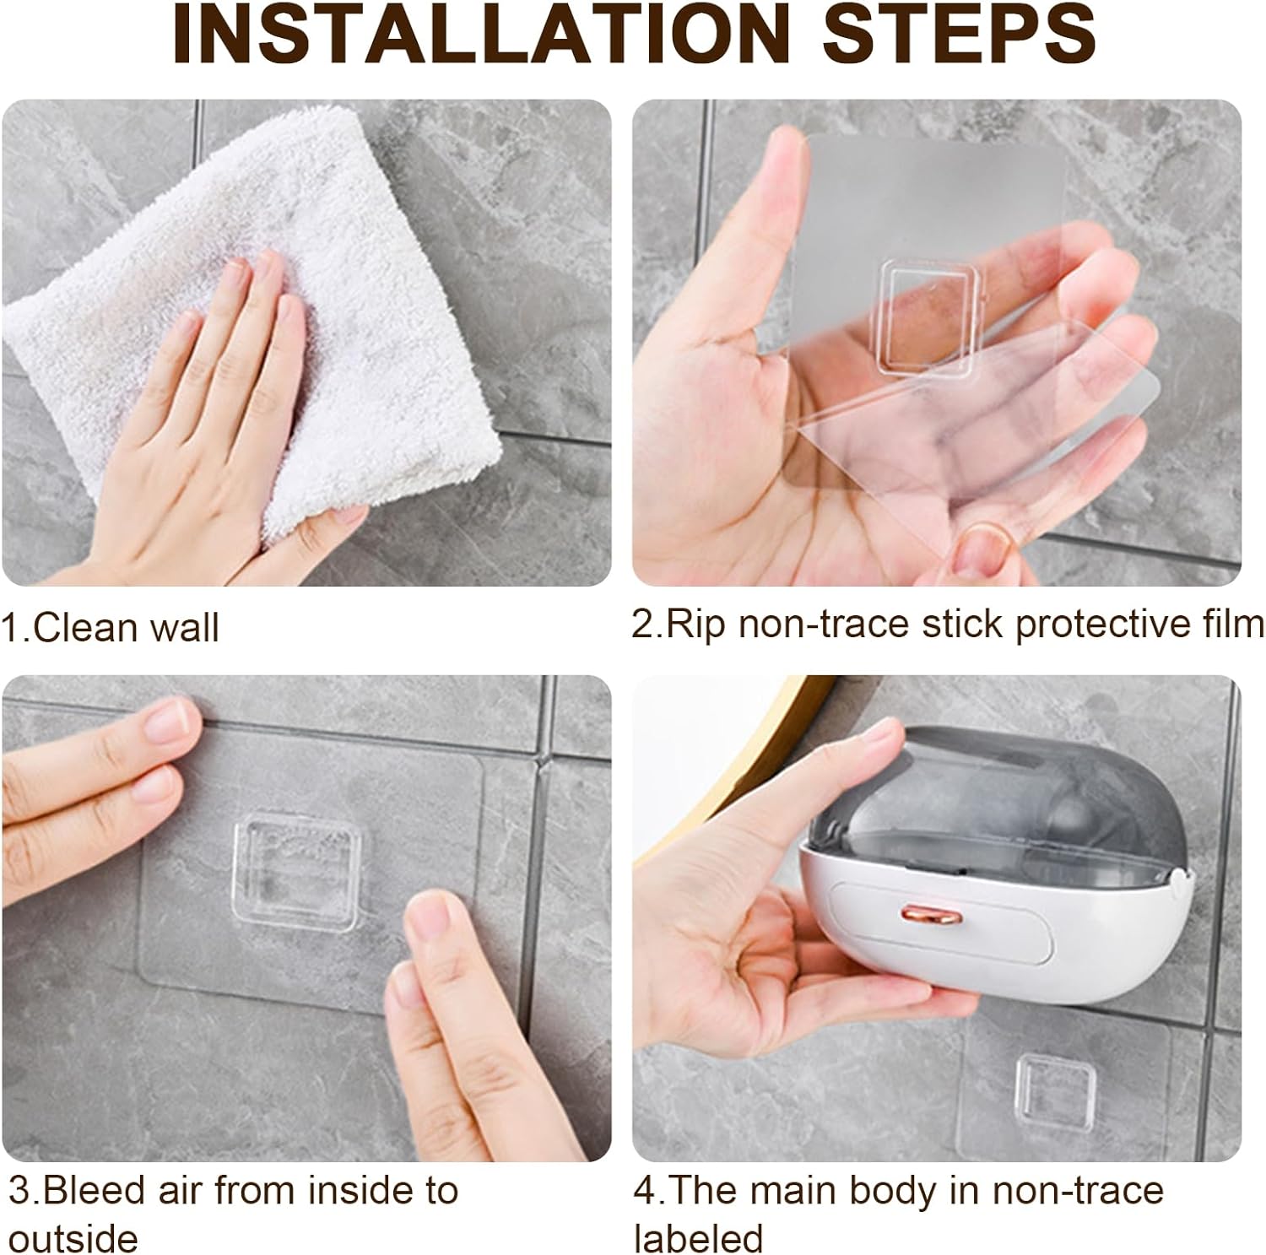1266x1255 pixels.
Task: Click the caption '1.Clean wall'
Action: pyautogui.click(x=110, y=629)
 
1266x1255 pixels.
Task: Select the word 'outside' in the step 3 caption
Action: pyautogui.click(x=73, y=1238)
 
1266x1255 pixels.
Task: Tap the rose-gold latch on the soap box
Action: pyautogui.click(x=923, y=914)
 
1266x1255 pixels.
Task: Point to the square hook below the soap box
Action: pyautogui.click(x=1055, y=1085)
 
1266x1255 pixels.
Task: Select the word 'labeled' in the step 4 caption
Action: pyautogui.click(x=698, y=1238)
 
